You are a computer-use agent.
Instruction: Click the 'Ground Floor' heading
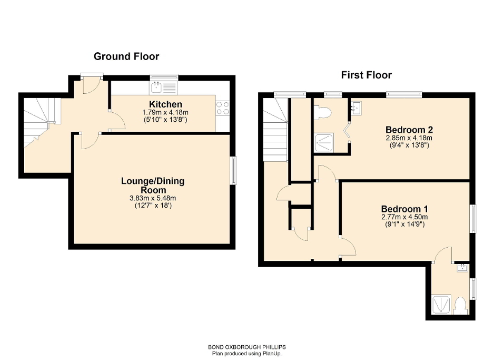point(126,56)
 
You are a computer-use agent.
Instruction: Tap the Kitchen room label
point(165,104)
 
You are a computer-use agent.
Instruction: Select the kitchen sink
point(157,87)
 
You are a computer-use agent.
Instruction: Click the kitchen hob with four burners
point(222,108)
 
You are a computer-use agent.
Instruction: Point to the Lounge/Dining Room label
point(153,186)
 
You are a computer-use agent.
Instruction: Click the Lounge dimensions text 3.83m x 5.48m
point(153,198)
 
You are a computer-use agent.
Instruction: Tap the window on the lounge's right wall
point(233,170)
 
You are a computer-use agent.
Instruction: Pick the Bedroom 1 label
point(404,209)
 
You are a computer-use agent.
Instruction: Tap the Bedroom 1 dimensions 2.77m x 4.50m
point(404,217)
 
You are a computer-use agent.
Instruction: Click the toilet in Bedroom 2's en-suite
point(322,112)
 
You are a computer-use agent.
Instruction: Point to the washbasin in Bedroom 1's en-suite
point(462,269)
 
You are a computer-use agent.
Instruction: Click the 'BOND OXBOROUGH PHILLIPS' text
point(246,347)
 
